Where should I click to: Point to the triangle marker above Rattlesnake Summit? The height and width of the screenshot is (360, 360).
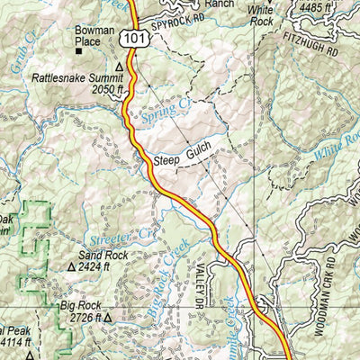pyautogui.click(x=119, y=67)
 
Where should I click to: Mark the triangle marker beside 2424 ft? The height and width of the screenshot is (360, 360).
pyautogui.click(x=72, y=268)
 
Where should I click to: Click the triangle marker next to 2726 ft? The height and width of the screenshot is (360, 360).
pyautogui.click(x=109, y=317)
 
